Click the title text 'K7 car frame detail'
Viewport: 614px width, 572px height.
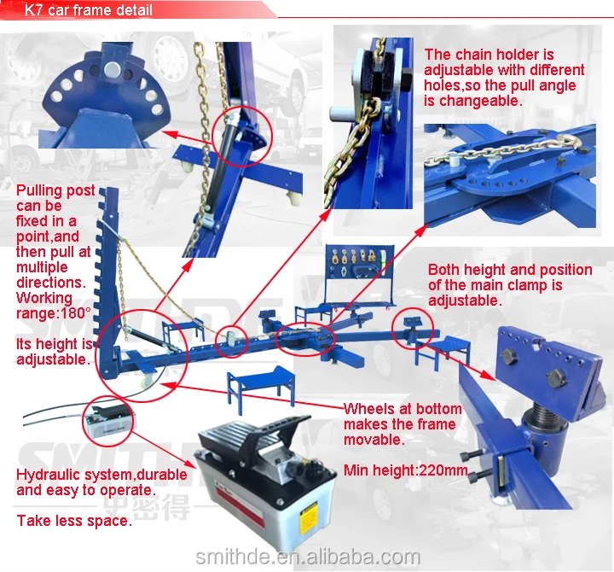[89, 11]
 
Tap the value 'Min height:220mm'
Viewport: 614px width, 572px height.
[406, 470]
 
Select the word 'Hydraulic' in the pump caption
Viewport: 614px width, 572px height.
[47, 475]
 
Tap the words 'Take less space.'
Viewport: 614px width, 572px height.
[74, 520]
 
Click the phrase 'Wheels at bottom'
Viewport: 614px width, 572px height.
[403, 409]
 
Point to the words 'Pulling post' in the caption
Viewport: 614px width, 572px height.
[55, 190]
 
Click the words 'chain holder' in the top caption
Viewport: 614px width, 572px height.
[494, 55]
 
